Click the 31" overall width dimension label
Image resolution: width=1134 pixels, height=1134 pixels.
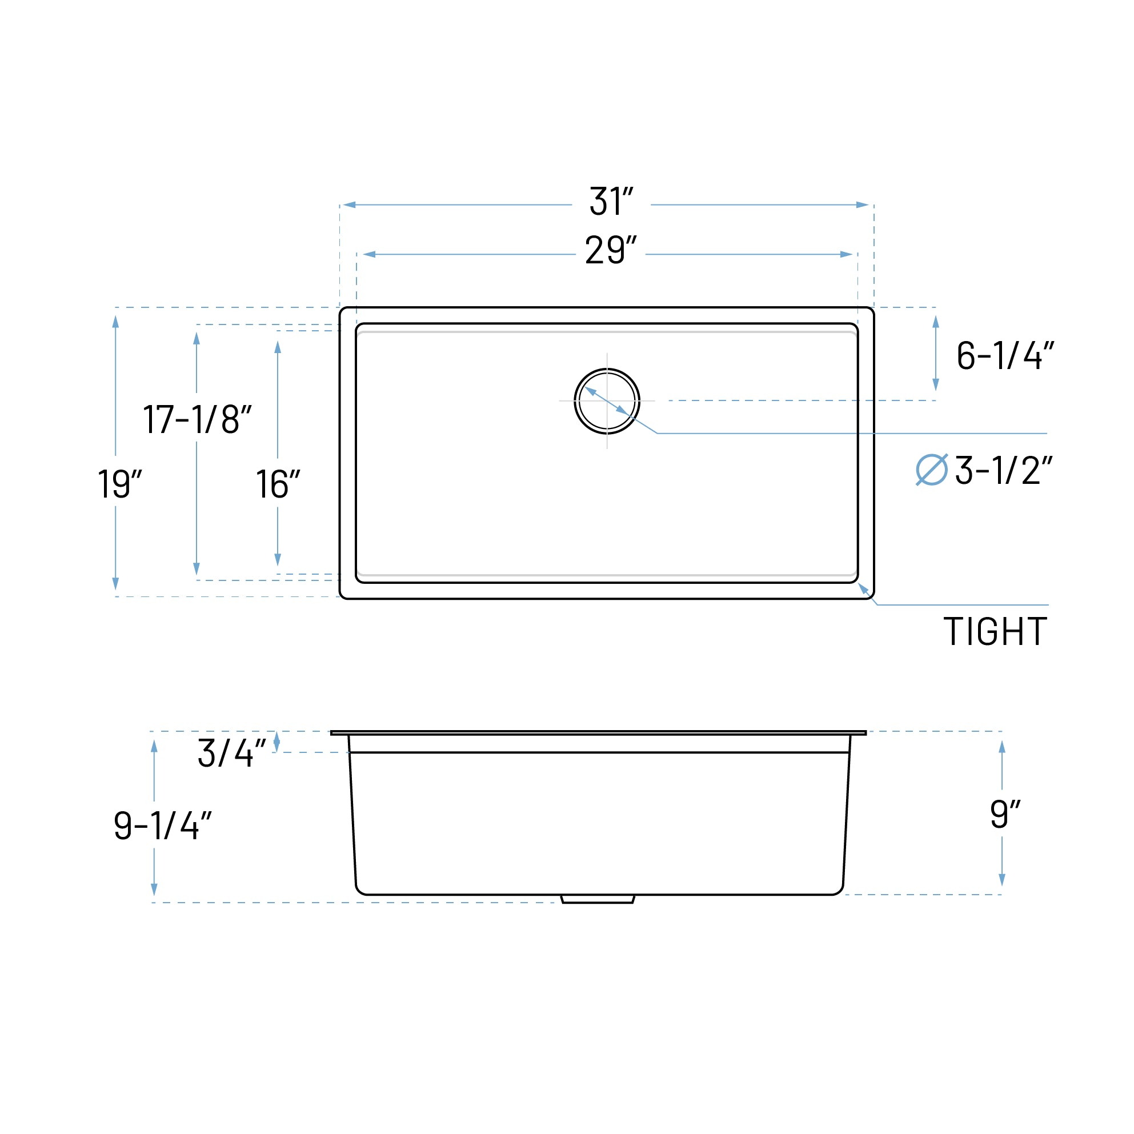pyautogui.click(x=611, y=201)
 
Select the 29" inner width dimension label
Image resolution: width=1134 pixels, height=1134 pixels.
pyautogui.click(x=611, y=250)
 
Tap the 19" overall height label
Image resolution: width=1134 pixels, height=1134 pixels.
pyautogui.click(x=119, y=484)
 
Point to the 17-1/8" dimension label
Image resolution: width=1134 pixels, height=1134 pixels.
pyautogui.click(x=197, y=419)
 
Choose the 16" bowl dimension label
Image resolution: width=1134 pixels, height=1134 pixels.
pyautogui.click(x=278, y=484)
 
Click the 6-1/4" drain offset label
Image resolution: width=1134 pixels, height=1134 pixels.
pyautogui.click(x=1005, y=355)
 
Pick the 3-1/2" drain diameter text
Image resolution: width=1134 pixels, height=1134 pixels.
pyautogui.click(x=1003, y=470)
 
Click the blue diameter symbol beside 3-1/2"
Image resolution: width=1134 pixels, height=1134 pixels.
pyautogui.click(x=932, y=470)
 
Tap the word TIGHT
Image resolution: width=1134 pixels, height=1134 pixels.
pyautogui.click(x=995, y=632)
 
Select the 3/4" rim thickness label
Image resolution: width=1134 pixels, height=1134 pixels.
pyautogui.click(x=232, y=752)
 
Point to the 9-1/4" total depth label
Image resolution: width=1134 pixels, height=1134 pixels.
pyautogui.click(x=163, y=826)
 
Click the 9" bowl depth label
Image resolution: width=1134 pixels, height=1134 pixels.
pyautogui.click(x=1005, y=814)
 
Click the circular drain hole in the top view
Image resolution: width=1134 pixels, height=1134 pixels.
pyautogui.click(x=607, y=401)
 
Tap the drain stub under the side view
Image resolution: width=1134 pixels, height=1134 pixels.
pyautogui.click(x=598, y=899)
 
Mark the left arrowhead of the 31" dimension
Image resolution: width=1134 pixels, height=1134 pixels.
pyautogui.click(x=349, y=205)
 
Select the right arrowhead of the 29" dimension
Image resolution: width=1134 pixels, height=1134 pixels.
pyautogui.click(x=846, y=254)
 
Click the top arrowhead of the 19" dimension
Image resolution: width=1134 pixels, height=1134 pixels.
pyautogui.click(x=115, y=322)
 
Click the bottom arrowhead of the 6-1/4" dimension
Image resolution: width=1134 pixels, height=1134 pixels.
pyautogui.click(x=936, y=384)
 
